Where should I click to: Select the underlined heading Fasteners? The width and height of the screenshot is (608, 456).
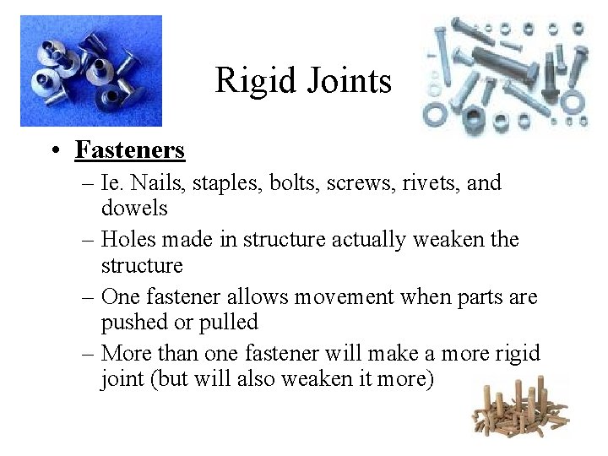coord(129,149)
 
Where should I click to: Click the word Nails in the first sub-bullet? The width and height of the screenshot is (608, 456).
coord(149,182)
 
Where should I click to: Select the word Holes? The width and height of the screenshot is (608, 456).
coord(129,240)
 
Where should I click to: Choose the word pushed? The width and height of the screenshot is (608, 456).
coord(131,323)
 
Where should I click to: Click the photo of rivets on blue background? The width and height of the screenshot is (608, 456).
coord(91,70)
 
